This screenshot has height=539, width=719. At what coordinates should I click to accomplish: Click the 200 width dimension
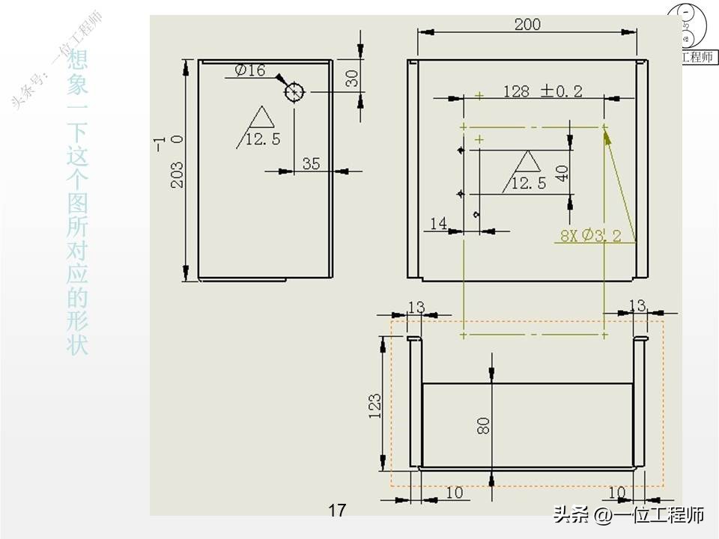pyautogui.click(x=527, y=24)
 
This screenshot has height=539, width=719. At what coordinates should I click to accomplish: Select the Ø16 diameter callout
pyautogui.click(x=250, y=70)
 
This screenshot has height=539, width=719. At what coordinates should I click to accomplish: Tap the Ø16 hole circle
pyautogui.click(x=294, y=92)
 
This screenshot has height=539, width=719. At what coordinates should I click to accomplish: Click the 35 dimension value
pyautogui.click(x=311, y=162)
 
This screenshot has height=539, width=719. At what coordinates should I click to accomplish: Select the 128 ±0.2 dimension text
pyautogui.click(x=542, y=91)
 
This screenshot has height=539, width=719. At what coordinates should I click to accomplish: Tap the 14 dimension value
pyautogui.click(x=438, y=223)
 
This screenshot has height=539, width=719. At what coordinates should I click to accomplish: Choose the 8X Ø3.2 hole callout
pyautogui.click(x=591, y=236)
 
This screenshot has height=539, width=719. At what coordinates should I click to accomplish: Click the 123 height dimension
pyautogui.click(x=376, y=404)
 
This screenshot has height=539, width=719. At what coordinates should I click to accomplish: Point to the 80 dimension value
pyautogui.click(x=483, y=425)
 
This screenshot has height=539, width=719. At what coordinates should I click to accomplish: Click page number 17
pyautogui.click(x=337, y=511)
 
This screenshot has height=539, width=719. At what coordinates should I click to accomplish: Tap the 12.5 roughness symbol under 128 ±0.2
pyautogui.click(x=529, y=174)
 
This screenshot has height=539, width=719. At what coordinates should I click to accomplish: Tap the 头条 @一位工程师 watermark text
pyautogui.click(x=628, y=515)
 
